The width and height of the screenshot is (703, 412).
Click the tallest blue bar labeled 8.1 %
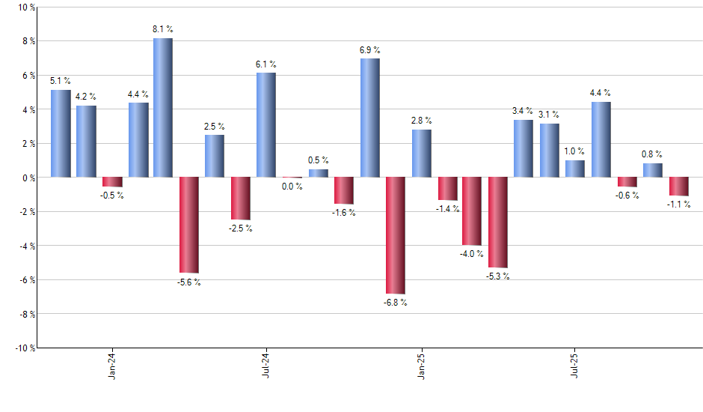(x=163, y=107)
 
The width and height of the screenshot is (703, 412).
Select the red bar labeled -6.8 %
(x=395, y=235)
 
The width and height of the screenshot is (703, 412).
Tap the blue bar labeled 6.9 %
(x=369, y=118)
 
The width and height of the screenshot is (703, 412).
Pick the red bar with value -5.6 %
(x=188, y=225)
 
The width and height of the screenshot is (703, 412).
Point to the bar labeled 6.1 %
(x=266, y=124)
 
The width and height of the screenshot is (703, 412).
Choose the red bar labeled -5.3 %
(x=498, y=222)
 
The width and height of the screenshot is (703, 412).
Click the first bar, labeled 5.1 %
(x=61, y=133)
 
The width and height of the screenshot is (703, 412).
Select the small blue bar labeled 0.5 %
(x=318, y=173)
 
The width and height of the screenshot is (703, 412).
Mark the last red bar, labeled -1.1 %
(x=679, y=187)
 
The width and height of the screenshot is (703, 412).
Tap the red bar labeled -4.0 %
(x=472, y=211)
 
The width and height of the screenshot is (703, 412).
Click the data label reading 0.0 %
(x=292, y=187)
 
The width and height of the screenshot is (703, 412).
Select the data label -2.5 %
(x=241, y=228)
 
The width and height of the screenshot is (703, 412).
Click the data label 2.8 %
(x=421, y=121)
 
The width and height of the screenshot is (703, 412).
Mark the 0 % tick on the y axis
(x=28, y=178)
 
